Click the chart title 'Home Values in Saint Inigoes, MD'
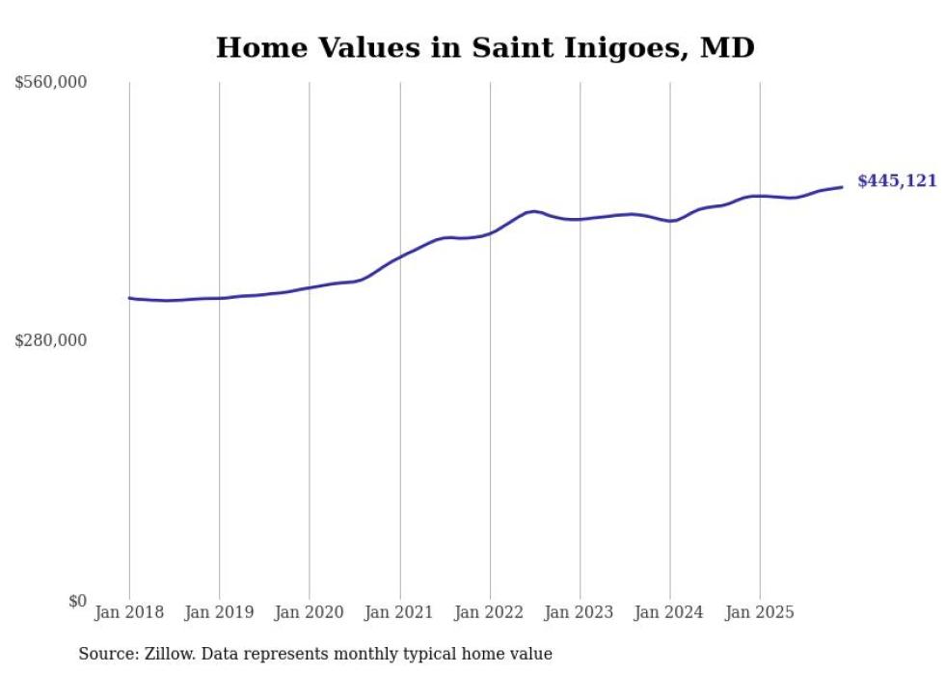point(485,47)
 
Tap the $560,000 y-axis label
point(51,83)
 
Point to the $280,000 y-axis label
point(51,340)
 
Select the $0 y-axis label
point(77,601)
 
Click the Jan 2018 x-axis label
point(129,612)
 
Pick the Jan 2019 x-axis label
point(219,612)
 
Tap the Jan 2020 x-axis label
point(310,612)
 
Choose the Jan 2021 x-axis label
point(400,612)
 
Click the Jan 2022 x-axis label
point(490,612)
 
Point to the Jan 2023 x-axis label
point(580,612)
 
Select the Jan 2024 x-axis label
point(670,612)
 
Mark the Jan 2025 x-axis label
point(761,612)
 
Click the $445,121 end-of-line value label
point(897,181)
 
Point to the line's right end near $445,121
point(842,187)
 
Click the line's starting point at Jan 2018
point(129,298)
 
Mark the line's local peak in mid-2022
point(533,211)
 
